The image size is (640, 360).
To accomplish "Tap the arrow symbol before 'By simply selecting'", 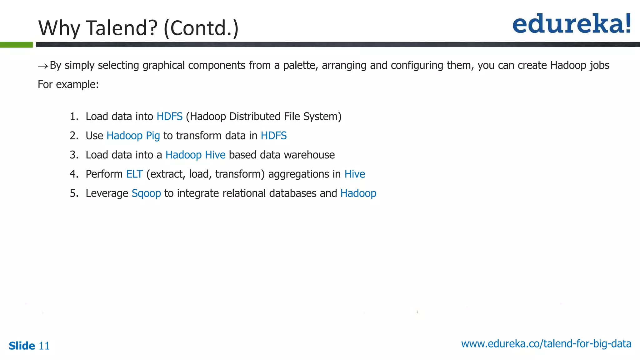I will [x=43, y=66].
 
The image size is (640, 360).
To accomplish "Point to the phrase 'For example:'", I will [x=68, y=85].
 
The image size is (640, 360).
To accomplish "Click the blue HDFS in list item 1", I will [x=169, y=117].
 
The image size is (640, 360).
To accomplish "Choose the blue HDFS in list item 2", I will [x=273, y=136].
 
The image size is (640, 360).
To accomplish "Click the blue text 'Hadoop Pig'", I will [x=133, y=136].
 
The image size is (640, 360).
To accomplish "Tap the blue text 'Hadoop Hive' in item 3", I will [x=195, y=155].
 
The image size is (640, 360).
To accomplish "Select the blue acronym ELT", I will [x=134, y=174].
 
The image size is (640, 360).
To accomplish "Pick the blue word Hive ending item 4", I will [x=354, y=174].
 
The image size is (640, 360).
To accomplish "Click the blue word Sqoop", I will [x=146, y=193].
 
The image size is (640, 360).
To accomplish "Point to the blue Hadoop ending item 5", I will [x=358, y=193].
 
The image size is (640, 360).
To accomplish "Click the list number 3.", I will [x=74, y=155].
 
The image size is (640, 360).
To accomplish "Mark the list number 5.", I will [x=74, y=193].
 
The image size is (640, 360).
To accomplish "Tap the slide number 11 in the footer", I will [x=44, y=346].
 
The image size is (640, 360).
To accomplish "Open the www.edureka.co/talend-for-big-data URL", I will [x=546, y=344].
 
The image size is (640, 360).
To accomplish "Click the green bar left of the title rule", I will [x=16, y=45].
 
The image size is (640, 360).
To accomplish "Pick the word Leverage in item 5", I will [x=107, y=193].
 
